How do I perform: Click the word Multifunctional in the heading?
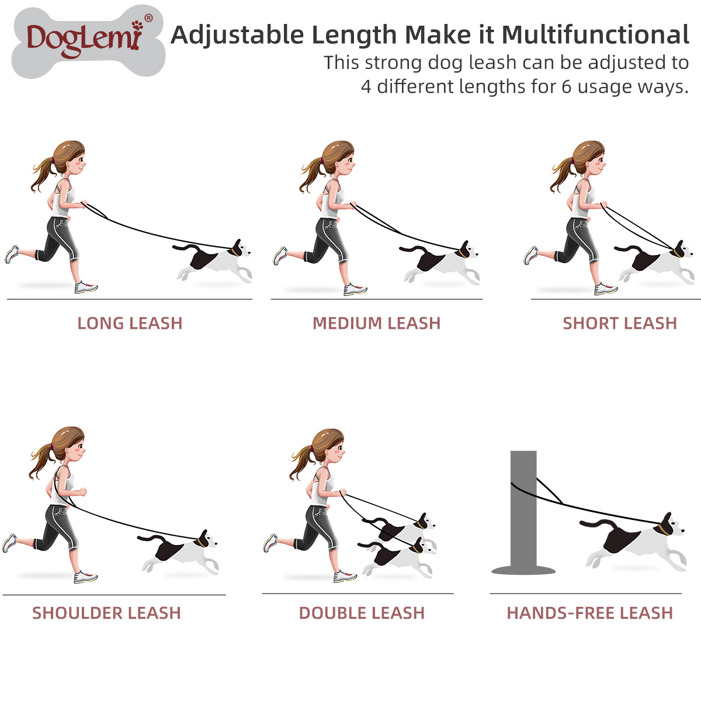coord(595,35)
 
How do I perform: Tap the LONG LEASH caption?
coord(130,323)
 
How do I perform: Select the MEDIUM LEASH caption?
coord(376,323)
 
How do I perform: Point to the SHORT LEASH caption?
coord(619,323)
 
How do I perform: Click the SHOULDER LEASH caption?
coord(106,613)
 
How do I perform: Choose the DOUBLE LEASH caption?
coord(362,613)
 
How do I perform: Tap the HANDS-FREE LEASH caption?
coord(589,613)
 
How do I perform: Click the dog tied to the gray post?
coord(637,540)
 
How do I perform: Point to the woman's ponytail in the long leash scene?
coord(43,172)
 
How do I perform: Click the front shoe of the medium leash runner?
coord(355,289)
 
